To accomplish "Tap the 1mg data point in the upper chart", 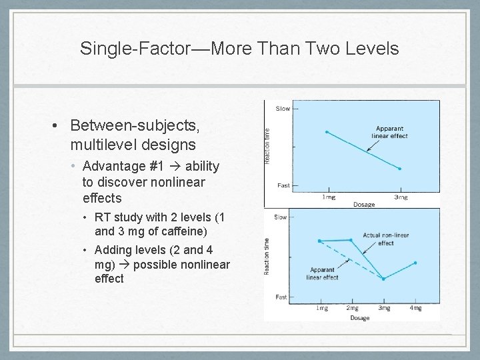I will pyautogui.click(x=326, y=132).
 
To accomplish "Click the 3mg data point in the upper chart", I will pyautogui.click(x=399, y=169).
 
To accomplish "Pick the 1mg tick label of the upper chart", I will pyautogui.click(x=328, y=197).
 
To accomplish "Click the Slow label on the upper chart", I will pyautogui.click(x=283, y=109).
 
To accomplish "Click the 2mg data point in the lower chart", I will pyautogui.click(x=351, y=239).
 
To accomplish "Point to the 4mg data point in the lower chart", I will pyautogui.click(x=415, y=263).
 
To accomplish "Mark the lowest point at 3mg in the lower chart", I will pyautogui.click(x=384, y=279).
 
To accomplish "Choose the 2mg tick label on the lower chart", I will pyautogui.click(x=353, y=308).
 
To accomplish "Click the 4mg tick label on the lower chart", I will pyautogui.click(x=415, y=308).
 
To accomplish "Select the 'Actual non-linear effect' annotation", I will pyautogui.click(x=377, y=239).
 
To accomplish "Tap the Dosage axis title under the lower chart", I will pyautogui.click(x=359, y=318).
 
